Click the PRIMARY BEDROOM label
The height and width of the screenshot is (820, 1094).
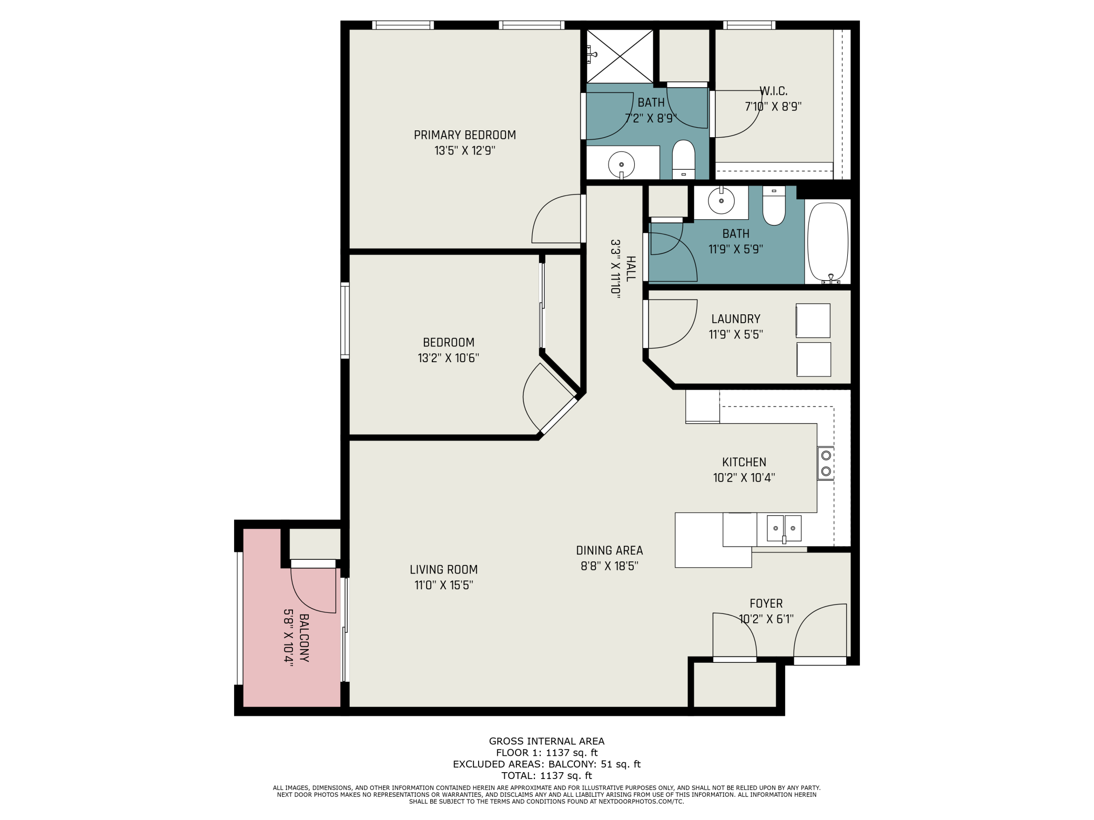(464, 135)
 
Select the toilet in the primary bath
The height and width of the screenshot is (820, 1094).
(684, 159)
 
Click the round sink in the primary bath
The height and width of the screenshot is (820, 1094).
(621, 165)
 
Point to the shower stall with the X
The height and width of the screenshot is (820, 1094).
(620, 56)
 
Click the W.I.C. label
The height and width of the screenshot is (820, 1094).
(773, 91)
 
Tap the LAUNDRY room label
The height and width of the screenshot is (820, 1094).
(736, 319)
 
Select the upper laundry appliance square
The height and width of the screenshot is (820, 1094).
(813, 321)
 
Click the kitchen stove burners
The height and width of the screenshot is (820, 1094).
(826, 463)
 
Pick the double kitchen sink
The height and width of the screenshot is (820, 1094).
(784, 529)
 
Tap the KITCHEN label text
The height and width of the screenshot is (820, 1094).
(744, 462)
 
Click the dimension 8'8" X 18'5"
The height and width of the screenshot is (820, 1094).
(609, 566)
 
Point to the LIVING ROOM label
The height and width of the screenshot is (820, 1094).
(443, 569)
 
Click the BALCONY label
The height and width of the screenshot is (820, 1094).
(304, 638)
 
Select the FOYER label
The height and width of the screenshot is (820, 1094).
(766, 603)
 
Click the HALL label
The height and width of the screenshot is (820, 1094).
(631, 269)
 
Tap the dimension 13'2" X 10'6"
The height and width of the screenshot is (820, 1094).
(448, 358)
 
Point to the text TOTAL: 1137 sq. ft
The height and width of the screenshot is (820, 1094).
(546, 775)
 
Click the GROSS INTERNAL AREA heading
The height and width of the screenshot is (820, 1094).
(546, 741)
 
